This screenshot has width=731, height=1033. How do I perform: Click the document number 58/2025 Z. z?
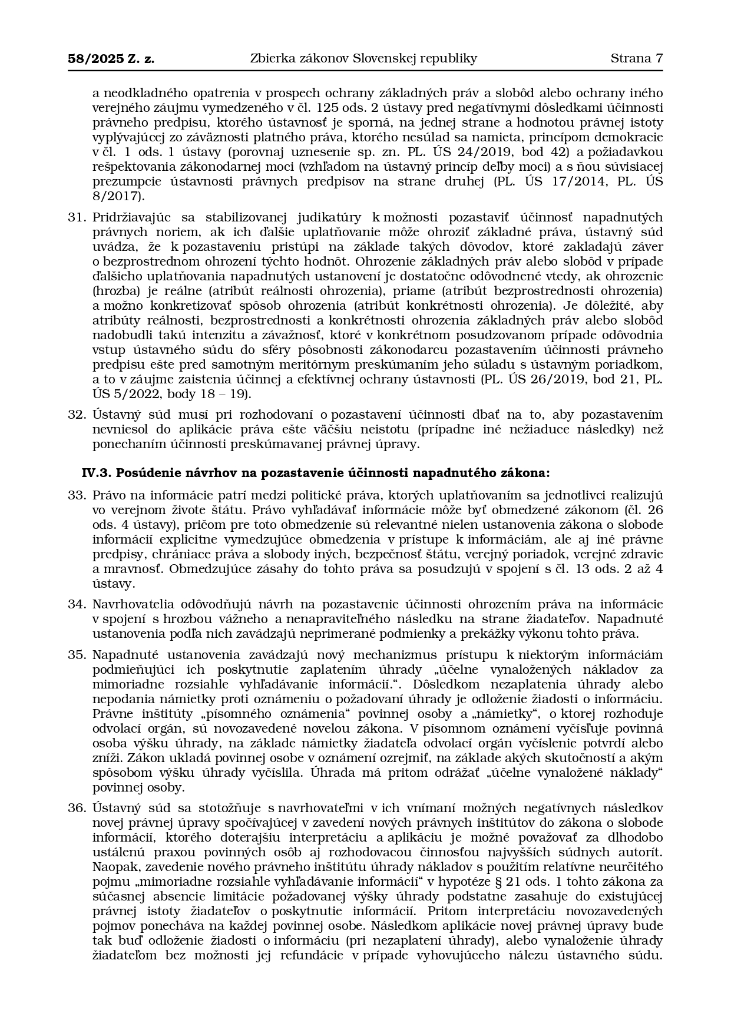point(111,58)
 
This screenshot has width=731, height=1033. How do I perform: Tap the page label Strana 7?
point(636,58)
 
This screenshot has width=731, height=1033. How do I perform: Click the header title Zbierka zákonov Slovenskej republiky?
point(363,58)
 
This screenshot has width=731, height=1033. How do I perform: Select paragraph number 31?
point(77,217)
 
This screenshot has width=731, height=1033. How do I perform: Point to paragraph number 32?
point(77,415)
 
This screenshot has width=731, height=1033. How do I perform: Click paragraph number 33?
point(77,495)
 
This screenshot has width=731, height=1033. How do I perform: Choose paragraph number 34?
point(77,604)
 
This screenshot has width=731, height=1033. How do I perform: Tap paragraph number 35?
point(77,655)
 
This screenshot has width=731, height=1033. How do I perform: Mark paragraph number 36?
point(77,808)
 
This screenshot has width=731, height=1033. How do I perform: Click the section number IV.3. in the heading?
point(97,473)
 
